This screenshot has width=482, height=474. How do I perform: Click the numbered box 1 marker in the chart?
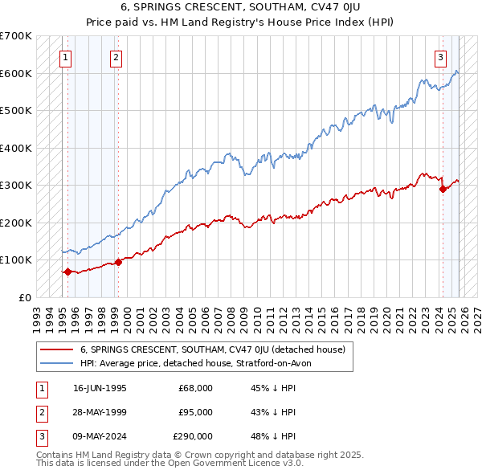pos(64,57)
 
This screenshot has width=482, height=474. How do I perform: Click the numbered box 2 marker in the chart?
pos(116,57)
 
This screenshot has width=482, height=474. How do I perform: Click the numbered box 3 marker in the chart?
pos(441,57)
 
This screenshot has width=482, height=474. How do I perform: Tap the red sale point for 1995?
pos(67,272)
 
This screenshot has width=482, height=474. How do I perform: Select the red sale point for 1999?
pos(118,261)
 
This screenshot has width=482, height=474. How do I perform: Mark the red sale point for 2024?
pos(443,190)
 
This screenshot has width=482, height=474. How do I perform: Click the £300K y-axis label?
pos(15,185)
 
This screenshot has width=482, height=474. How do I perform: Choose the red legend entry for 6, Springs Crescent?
pos(212,349)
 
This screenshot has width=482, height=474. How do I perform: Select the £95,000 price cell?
pos(195,412)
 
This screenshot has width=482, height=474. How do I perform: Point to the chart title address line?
pos(241,7)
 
